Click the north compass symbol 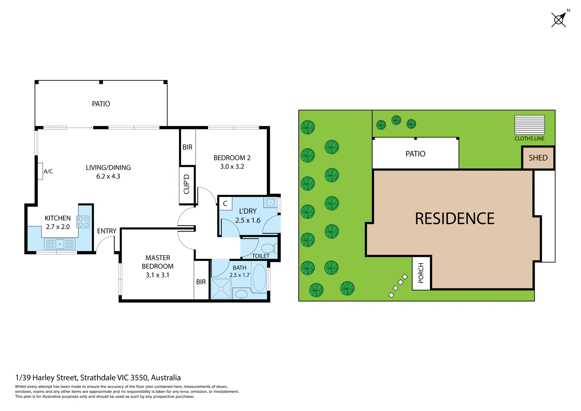tap(559, 20)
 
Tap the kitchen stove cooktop tap(83, 222)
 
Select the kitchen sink tap(60, 244)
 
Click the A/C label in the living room tap(48, 171)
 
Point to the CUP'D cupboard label tap(187, 184)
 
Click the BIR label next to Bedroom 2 tap(187, 147)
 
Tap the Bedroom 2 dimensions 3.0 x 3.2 tap(232, 167)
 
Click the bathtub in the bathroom tap(259, 278)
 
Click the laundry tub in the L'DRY tap(270, 202)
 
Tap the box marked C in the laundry tap(225, 204)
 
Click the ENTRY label tap(107, 231)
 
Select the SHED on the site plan tap(538, 158)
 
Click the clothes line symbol tap(529, 125)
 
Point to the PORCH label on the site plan tap(421, 273)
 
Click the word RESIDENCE tap(455, 219)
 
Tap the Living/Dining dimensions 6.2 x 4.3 tap(108, 176)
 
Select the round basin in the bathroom tap(241, 294)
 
